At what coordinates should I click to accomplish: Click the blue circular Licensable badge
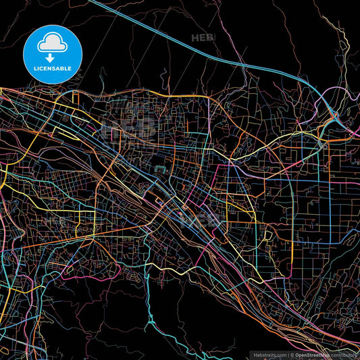[52, 53]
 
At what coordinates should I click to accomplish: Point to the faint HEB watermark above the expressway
[203, 38]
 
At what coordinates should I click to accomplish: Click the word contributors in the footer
[344, 353]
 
